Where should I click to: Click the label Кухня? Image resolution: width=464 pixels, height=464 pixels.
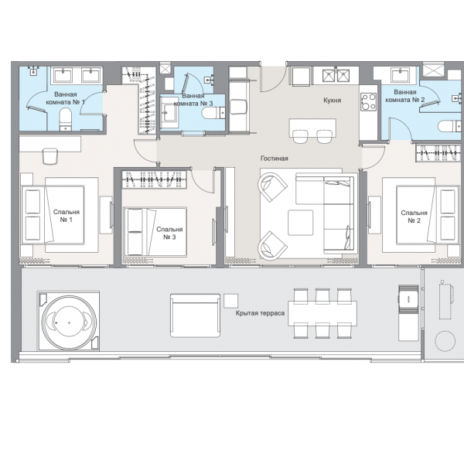pos(332,101)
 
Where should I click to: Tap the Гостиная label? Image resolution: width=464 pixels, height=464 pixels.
pos(274,159)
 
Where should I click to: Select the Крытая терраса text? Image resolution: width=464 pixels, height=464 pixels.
pos(260,313)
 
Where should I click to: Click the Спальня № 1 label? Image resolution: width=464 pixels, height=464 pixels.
pos(67,216)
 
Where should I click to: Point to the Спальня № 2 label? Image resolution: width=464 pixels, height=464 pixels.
pos(414,217)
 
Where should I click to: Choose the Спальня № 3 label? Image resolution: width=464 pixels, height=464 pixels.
pos(169,234)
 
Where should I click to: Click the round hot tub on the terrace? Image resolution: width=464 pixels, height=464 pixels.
pos(69,322)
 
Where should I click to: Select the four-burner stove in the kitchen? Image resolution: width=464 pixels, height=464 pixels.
pos(368,102)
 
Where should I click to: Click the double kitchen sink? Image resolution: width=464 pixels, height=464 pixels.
pos(336,76)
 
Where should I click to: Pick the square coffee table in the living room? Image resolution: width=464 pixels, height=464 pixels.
pos(301,223)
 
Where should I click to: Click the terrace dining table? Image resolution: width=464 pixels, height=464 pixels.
pos(322,313)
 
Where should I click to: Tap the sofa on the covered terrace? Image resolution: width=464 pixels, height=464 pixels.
pos(196,316)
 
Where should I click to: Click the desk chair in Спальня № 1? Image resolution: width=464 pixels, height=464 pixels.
pos(49,156)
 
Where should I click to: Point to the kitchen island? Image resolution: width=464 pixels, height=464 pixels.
pos(312,128)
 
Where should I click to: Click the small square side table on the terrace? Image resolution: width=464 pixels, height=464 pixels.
pos(230,301)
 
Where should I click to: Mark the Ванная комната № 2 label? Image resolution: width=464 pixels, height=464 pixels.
pos(405,96)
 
